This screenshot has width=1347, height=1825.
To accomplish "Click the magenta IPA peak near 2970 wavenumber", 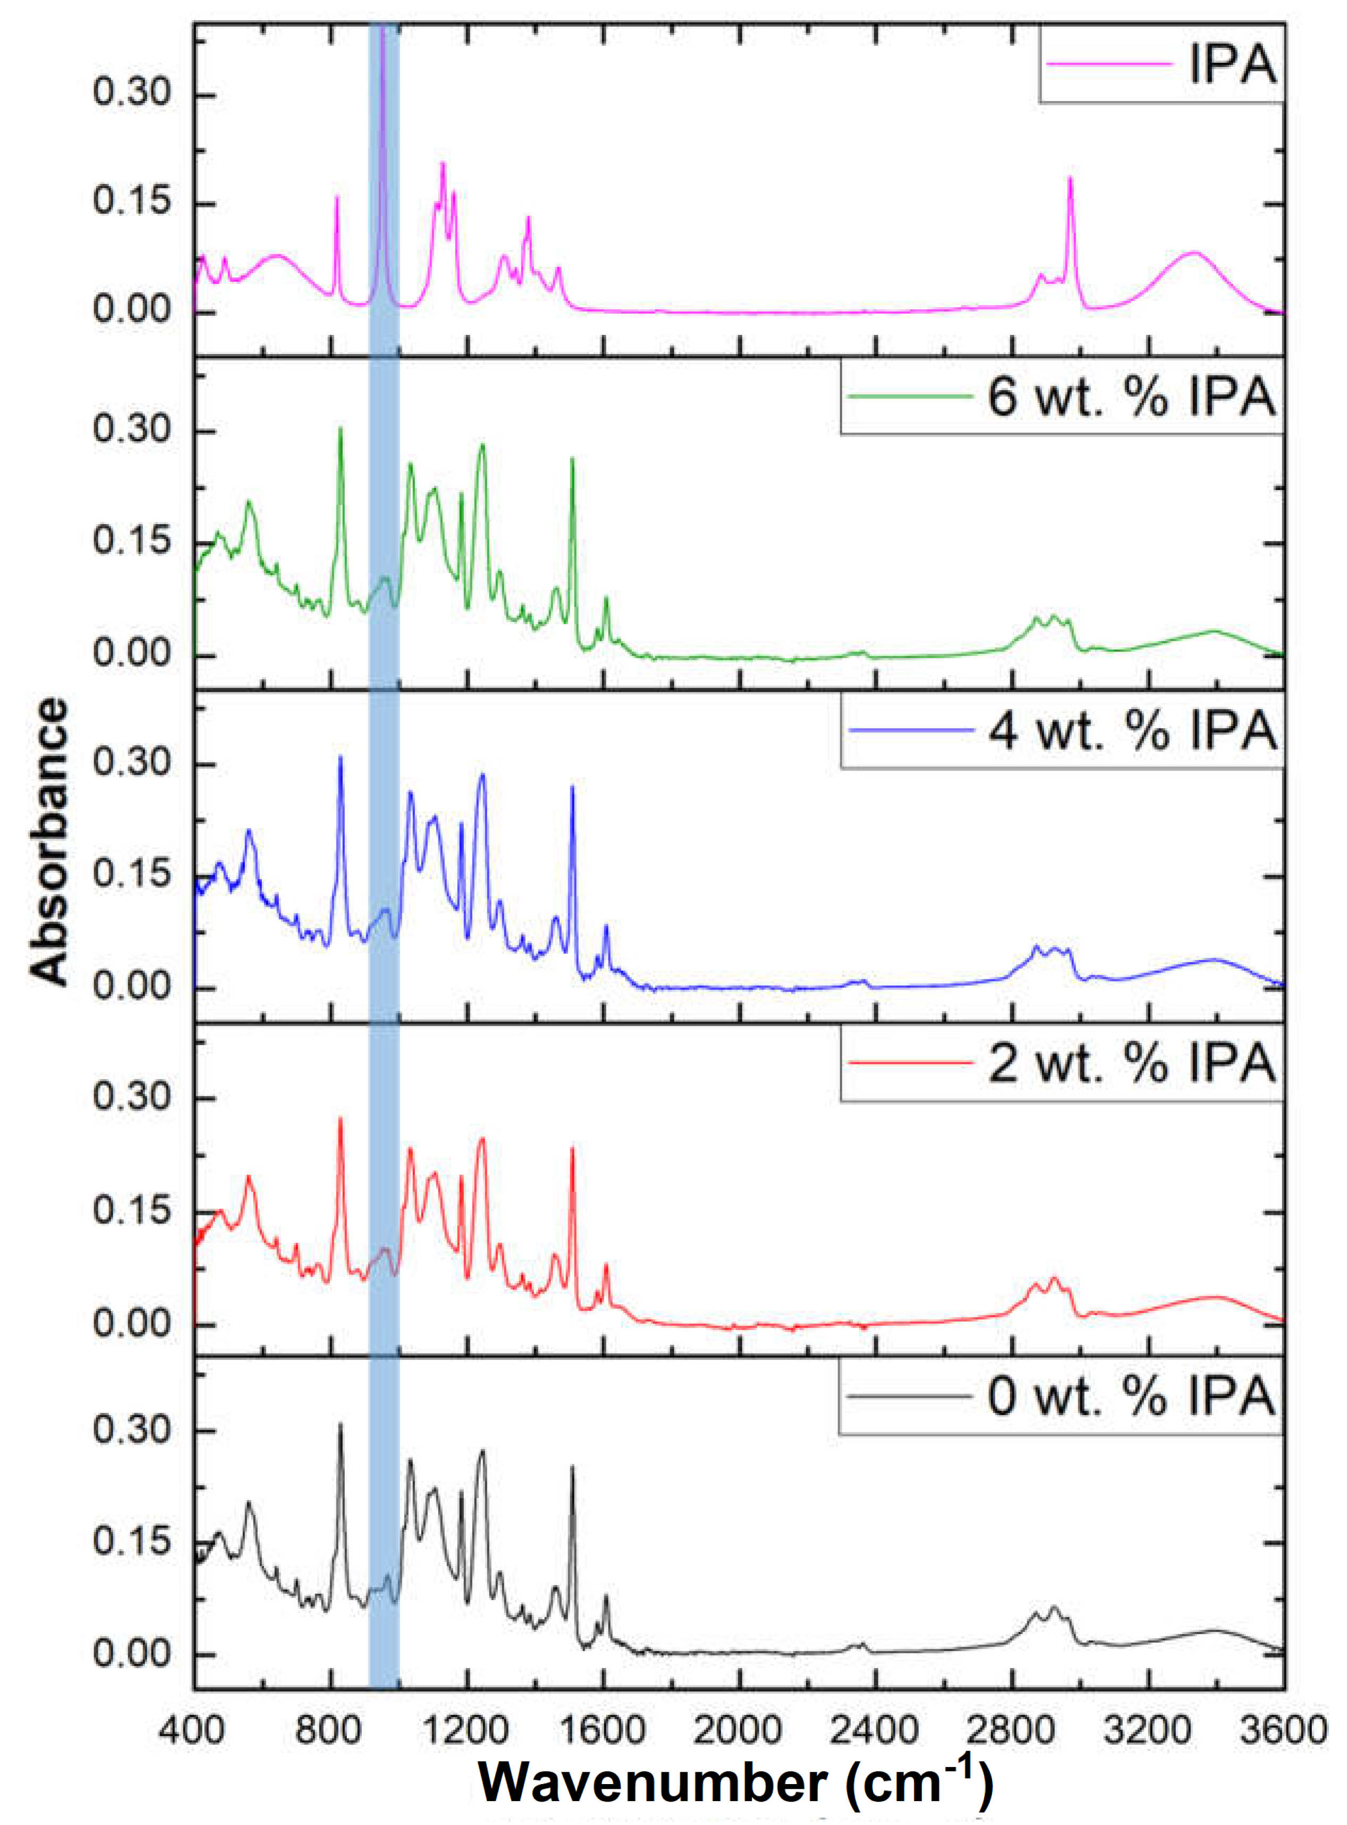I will pyautogui.click(x=1070, y=180).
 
